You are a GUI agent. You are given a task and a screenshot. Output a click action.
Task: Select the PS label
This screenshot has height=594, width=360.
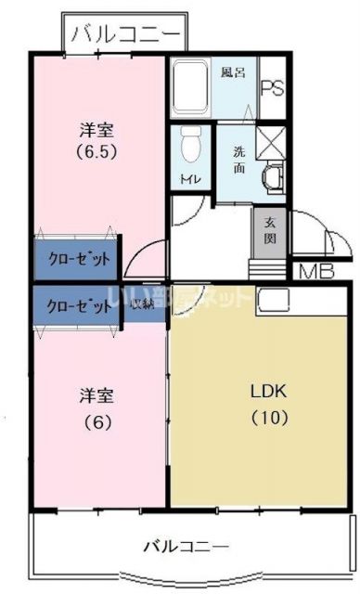pyautogui.click(x=272, y=88)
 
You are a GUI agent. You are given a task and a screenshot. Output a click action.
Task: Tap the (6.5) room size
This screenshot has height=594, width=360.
pyautogui.click(x=96, y=153)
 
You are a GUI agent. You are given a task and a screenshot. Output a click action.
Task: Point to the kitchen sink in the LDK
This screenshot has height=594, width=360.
pyautogui.click(x=275, y=299)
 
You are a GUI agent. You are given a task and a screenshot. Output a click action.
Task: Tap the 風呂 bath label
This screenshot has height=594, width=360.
pyautogui.click(x=233, y=72)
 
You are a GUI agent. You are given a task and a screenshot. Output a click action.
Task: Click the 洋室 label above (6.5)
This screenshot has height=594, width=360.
pyautogui.click(x=96, y=130)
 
